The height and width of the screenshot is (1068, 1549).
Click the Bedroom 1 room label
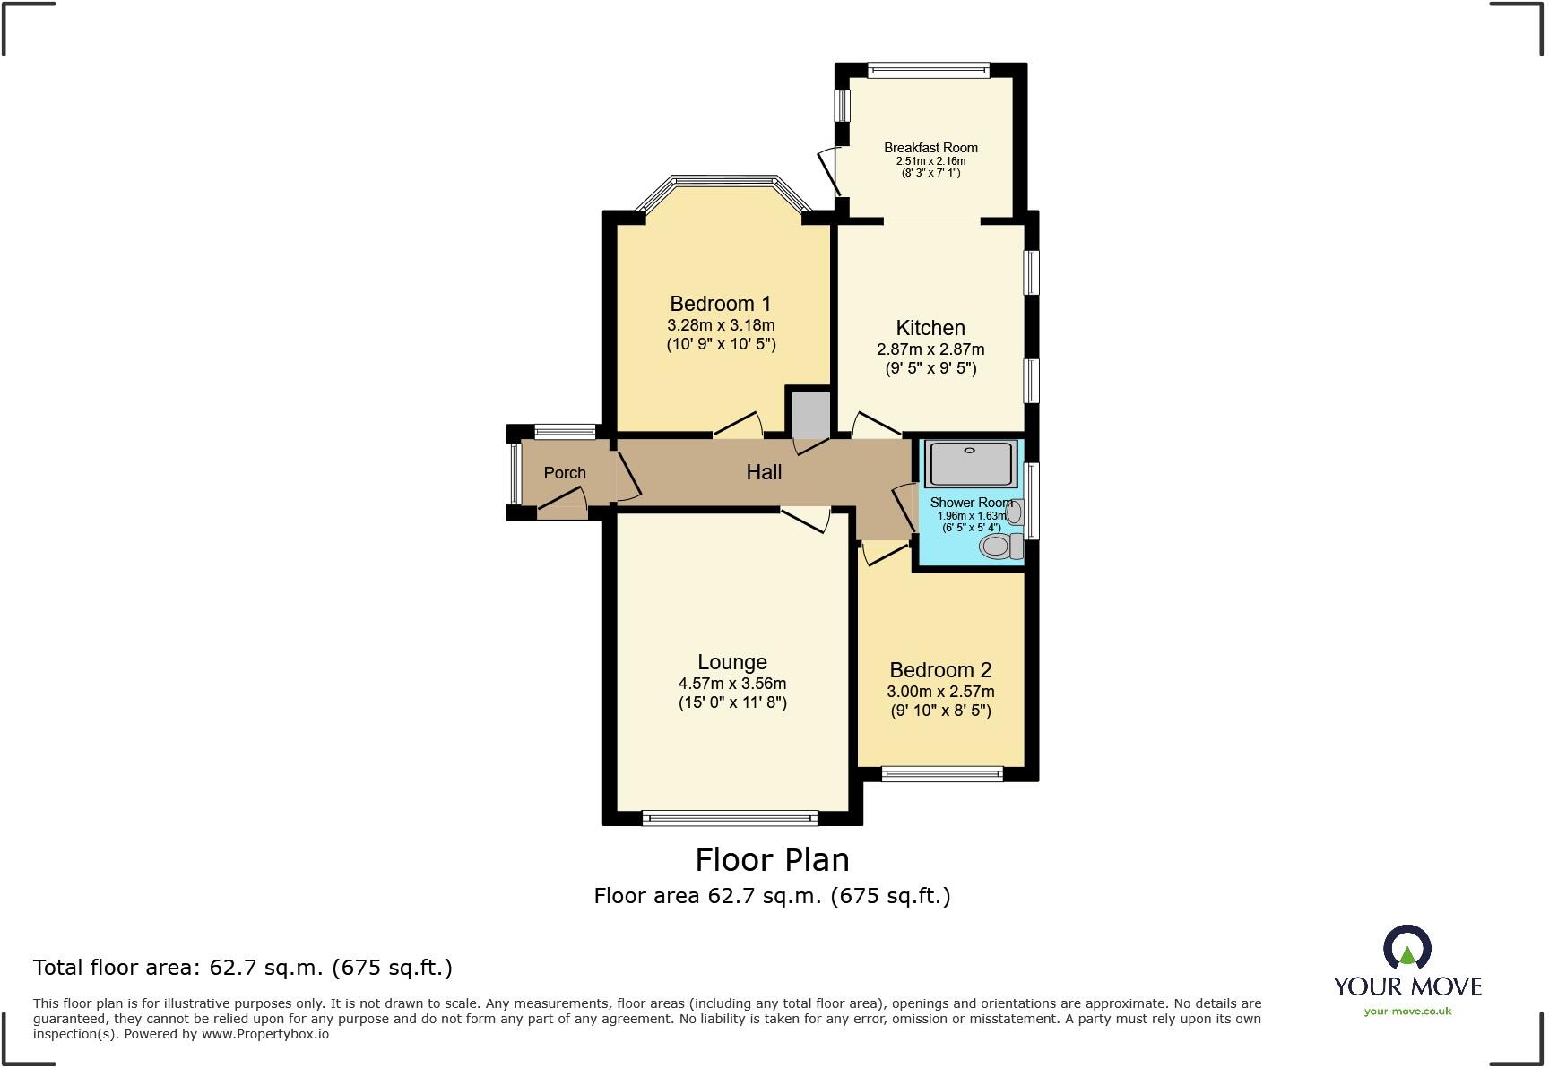[720, 304]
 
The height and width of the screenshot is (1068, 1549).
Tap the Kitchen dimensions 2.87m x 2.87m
[930, 349]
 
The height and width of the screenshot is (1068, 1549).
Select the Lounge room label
[731, 662]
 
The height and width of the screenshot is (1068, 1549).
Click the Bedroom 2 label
[940, 670]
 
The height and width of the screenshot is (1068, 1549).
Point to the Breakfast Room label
[930, 148]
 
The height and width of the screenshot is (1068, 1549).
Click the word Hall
[764, 472]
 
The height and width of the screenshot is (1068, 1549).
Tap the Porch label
[565, 473]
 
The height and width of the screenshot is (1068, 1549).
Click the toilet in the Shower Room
[998, 545]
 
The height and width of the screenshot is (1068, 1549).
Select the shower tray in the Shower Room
[969, 462]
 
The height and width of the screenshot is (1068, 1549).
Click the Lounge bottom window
[730, 817]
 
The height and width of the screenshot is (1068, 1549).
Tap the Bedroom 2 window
[941, 773]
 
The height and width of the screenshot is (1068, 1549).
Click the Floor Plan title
[772, 860]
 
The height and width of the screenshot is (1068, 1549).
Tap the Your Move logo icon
[1406, 949]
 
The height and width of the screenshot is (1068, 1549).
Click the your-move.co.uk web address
[1407, 1012]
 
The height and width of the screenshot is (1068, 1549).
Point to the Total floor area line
[242, 968]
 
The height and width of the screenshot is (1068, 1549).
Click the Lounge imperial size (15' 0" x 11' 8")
[731, 702]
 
